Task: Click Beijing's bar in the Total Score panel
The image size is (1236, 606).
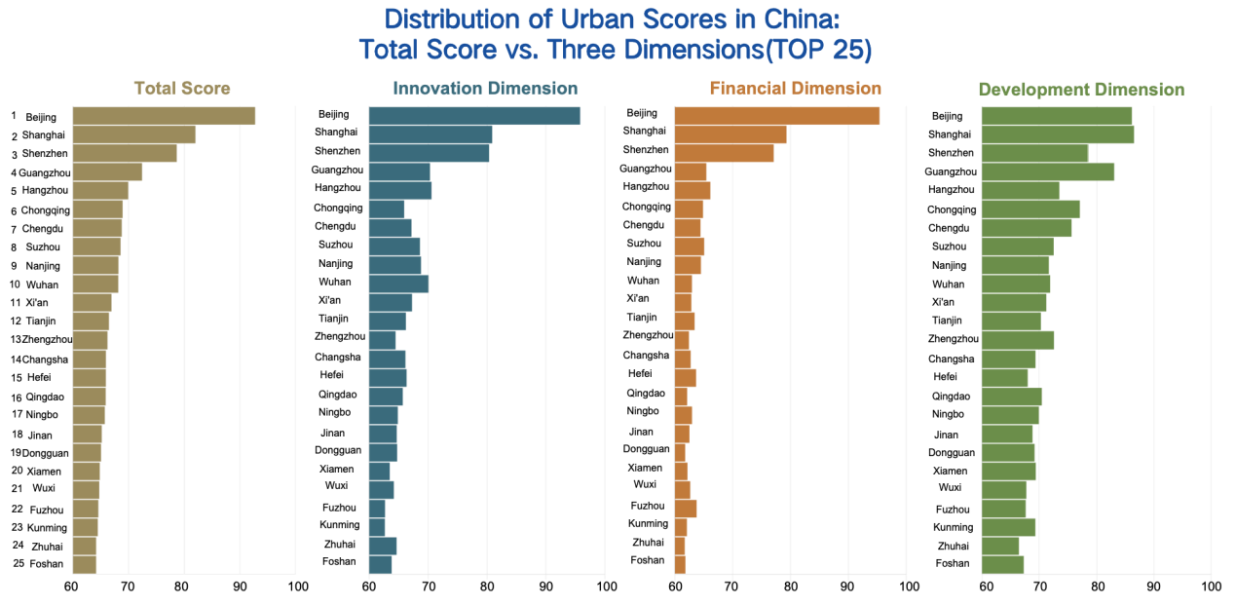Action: (164, 116)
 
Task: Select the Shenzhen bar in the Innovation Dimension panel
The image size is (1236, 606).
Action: (429, 152)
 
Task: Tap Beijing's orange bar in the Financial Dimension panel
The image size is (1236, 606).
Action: (776, 116)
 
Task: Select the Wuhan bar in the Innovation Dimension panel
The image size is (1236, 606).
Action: (398, 284)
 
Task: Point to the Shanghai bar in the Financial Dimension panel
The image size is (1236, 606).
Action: (730, 134)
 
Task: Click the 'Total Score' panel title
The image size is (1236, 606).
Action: (182, 89)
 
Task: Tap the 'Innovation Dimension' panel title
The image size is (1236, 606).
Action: (485, 89)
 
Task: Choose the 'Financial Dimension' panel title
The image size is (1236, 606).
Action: (796, 89)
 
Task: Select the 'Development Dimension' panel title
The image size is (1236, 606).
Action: (1081, 90)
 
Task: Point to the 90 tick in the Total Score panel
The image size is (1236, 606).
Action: (240, 587)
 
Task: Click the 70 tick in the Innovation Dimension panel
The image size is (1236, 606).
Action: (428, 587)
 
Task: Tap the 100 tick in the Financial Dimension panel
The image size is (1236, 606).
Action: (908, 587)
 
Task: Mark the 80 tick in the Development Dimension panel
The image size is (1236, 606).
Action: (1097, 587)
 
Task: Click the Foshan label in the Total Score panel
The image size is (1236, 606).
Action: (47, 563)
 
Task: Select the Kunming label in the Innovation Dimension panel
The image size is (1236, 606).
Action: (339, 525)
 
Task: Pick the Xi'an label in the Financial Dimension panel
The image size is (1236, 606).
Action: (638, 298)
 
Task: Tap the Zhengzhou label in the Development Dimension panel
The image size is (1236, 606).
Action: (954, 339)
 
